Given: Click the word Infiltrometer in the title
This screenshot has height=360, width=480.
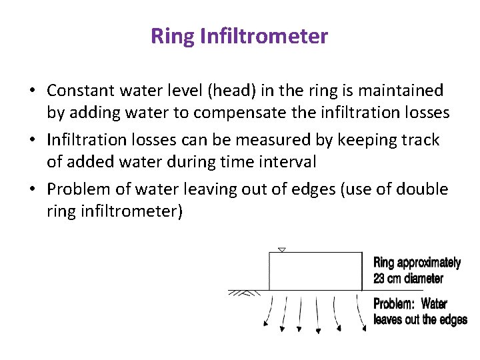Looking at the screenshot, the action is [x=264, y=36].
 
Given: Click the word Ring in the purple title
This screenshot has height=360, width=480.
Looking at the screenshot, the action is [x=173, y=36].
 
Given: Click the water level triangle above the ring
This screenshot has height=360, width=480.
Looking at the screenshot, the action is [x=281, y=250].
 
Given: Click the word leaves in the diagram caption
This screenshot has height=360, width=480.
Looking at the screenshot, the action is [x=386, y=319].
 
